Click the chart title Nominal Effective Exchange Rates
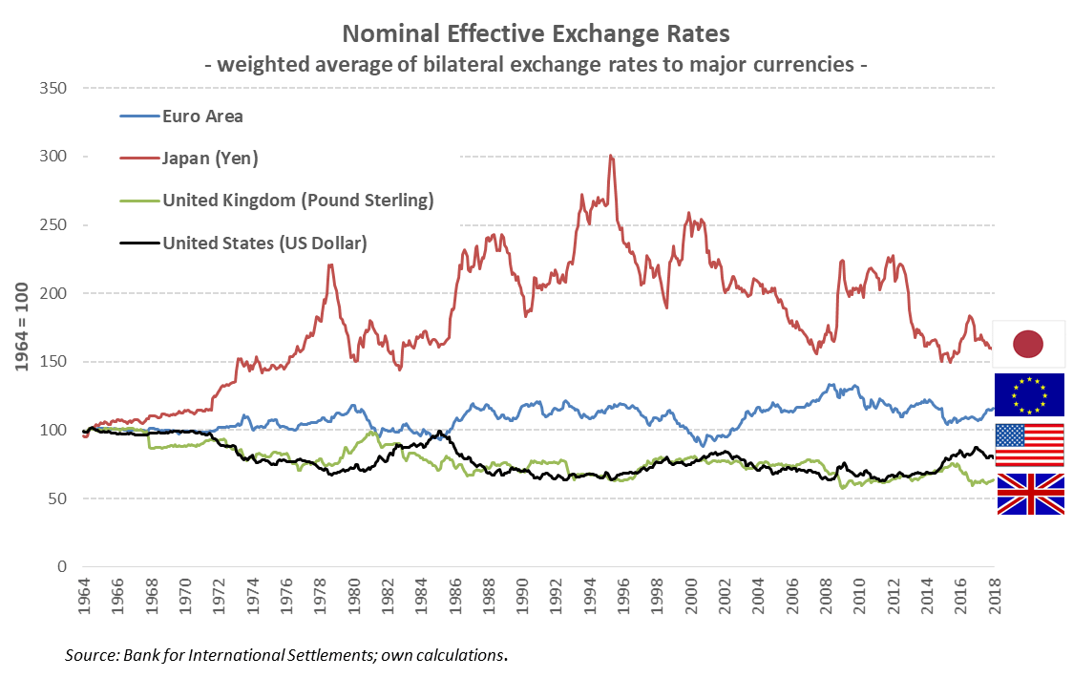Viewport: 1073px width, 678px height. pos(536,34)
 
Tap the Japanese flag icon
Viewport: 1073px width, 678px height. pos(1029,345)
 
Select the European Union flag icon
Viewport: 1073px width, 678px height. pos(1029,394)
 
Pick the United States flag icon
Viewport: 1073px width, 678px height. pos(1029,444)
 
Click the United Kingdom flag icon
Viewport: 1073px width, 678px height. pos(1029,494)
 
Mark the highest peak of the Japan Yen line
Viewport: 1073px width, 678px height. pos(611,156)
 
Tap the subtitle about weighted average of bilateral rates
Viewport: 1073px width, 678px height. pos(536,65)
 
